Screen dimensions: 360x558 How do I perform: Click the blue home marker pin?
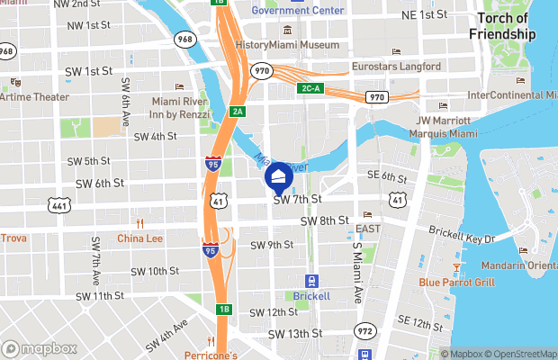point(279,175)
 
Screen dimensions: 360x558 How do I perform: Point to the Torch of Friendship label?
point(502,27)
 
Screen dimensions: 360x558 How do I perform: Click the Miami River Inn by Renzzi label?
point(182,107)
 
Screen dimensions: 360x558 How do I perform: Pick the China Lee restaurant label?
point(139,238)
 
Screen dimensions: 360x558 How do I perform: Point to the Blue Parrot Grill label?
point(456,282)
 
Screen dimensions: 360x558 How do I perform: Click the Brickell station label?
point(311,295)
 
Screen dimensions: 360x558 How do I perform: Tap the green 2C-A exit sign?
point(310,88)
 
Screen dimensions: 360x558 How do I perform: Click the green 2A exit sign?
point(238,111)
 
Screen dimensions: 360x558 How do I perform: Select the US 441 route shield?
point(59,206)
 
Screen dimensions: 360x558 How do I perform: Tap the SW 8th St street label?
point(324,220)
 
